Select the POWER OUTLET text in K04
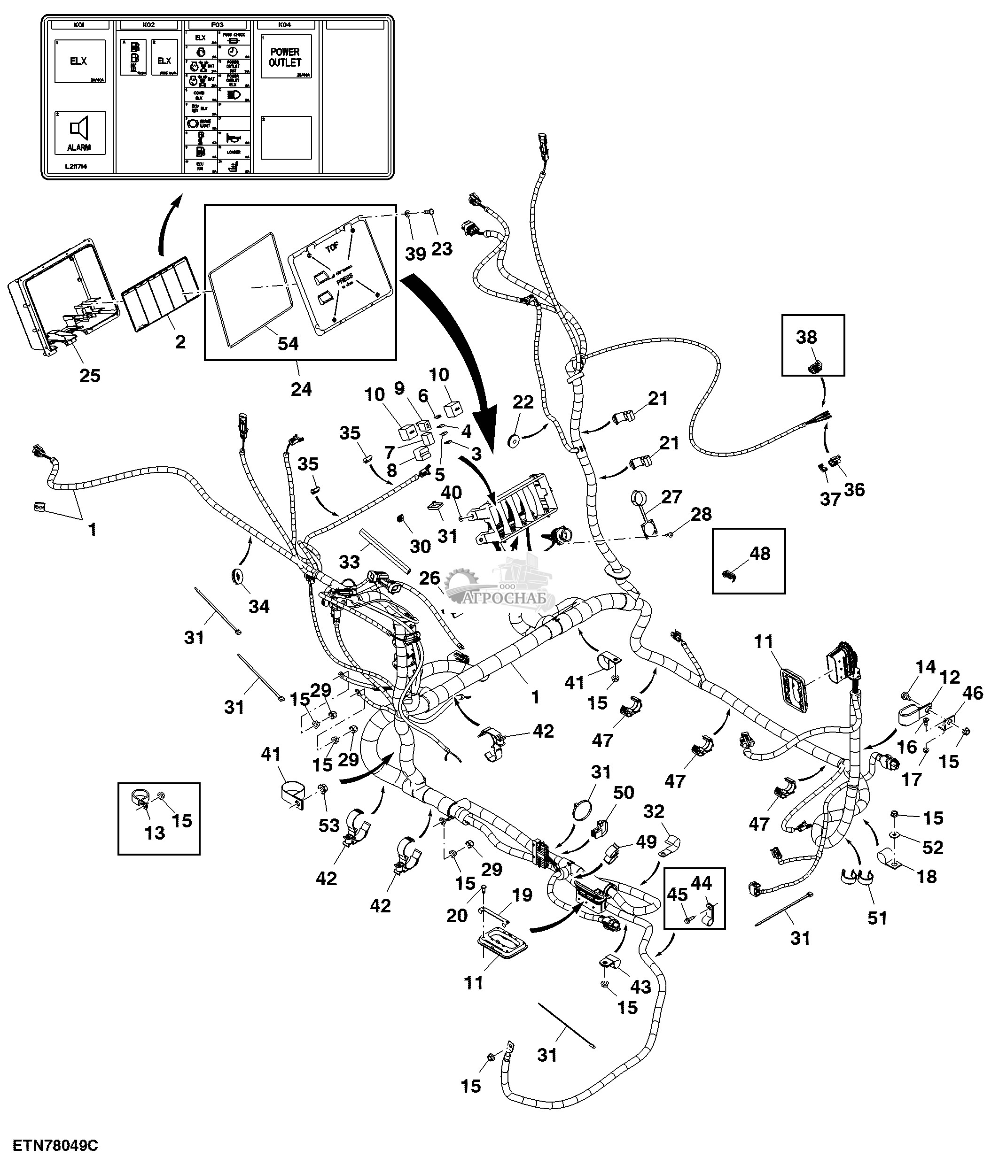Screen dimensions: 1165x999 285,57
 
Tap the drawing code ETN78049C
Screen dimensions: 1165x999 55,1145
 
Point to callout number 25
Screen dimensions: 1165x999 90,376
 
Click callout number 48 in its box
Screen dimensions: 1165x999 760,553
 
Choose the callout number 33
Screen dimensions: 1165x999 349,562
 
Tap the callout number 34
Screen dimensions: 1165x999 259,606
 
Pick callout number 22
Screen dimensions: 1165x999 523,402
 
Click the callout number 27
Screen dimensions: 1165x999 671,497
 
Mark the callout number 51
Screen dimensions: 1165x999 877,918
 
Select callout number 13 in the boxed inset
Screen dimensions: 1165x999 155,833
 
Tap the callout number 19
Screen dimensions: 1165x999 523,895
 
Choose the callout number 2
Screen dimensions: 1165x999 180,342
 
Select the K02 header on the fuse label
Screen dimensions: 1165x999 148,25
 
